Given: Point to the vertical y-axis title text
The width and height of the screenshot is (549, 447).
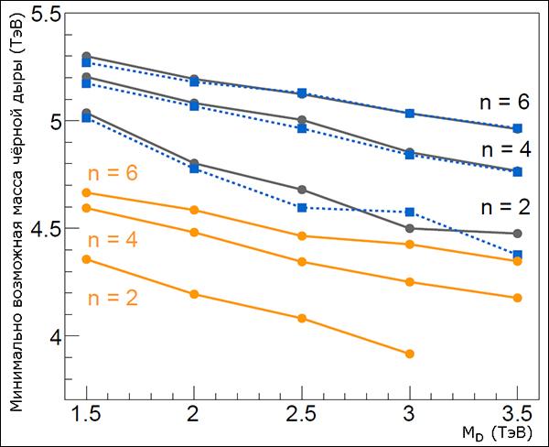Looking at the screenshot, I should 16,211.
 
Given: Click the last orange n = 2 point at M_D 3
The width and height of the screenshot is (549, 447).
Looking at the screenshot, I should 409,354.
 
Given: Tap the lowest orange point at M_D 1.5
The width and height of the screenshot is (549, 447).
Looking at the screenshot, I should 86,259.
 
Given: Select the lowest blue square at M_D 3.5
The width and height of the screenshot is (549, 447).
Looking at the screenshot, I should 518,255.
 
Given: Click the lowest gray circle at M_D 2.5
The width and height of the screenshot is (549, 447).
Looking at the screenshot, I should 302,190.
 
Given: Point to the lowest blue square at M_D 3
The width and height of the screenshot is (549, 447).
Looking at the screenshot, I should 409,212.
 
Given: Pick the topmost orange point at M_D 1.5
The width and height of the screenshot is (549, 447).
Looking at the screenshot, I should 86,192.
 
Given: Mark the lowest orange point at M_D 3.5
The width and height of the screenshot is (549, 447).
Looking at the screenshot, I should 518,298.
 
